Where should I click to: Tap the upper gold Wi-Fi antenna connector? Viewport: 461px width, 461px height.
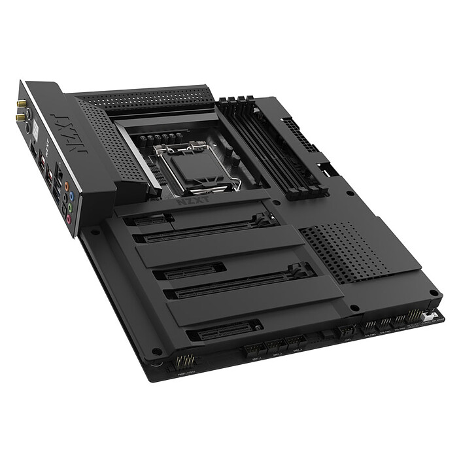[x=22, y=103]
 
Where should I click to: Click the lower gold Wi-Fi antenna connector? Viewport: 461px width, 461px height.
[x=22, y=118]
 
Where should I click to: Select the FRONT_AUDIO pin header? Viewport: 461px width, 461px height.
[x=184, y=362]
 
